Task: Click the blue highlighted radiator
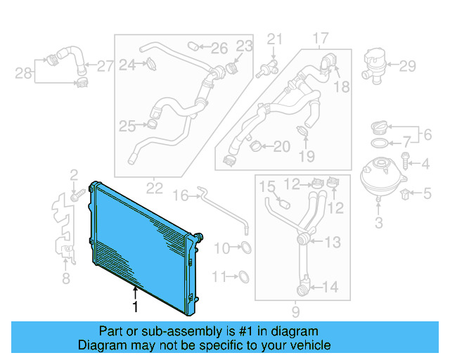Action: pyautogui.click(x=141, y=243)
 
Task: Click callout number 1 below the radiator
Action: pyautogui.click(x=136, y=307)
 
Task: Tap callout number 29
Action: pyautogui.click(x=408, y=67)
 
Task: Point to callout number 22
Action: pyautogui.click(x=155, y=188)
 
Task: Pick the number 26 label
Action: pyautogui.click(x=219, y=49)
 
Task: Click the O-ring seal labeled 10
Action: pyautogui.click(x=244, y=247)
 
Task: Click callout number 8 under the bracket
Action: pyautogui.click(x=65, y=279)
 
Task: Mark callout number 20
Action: pyautogui.click(x=281, y=147)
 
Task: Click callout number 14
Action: pyautogui.click(x=330, y=286)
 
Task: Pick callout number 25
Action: pyautogui.click(x=127, y=127)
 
